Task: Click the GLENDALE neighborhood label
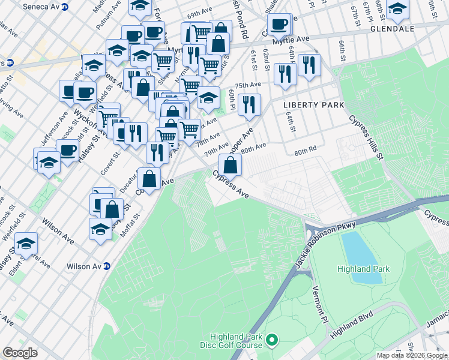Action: [393, 28]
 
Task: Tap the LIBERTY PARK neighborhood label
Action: [313, 105]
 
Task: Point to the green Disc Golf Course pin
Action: [272, 341]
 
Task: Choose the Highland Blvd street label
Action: [351, 322]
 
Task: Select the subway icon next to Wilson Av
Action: [107, 266]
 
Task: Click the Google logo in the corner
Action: [20, 353]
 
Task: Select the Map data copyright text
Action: [412, 355]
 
